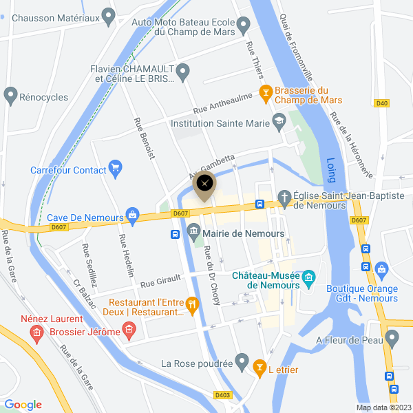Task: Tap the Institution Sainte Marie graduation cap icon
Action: click(x=279, y=124)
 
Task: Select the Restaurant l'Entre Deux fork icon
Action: click(x=193, y=303)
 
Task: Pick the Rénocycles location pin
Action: click(x=10, y=94)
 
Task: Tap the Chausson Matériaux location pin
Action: click(x=108, y=15)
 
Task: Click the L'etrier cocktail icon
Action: click(x=259, y=369)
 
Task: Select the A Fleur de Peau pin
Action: click(x=392, y=338)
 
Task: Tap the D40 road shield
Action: click(x=382, y=103)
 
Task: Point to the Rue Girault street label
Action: click(x=161, y=282)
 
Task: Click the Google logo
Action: click(x=23, y=405)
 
